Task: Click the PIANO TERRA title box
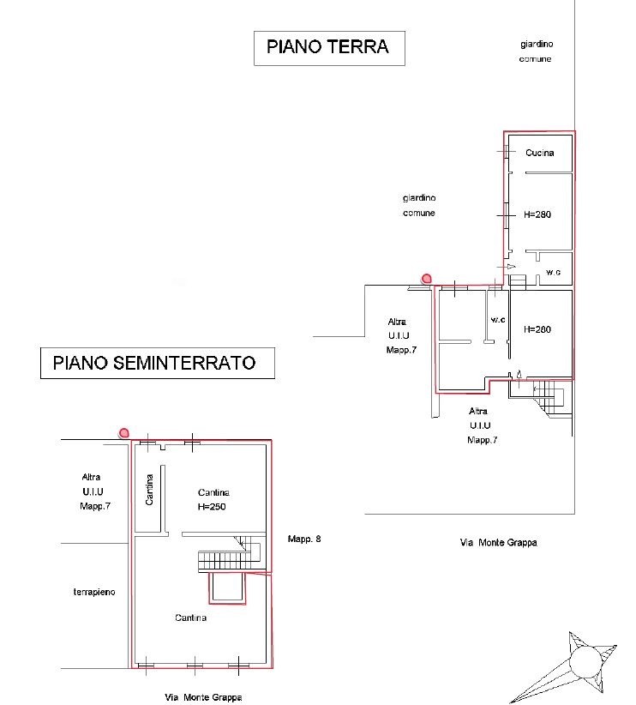329,48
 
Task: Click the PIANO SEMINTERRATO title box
158,363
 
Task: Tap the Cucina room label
539,153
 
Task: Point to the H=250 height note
212,507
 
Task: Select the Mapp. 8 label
304,539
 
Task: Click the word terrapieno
94,592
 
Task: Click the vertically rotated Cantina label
149,490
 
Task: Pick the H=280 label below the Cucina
537,214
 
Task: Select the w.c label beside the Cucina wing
554,272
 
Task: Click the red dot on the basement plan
124,433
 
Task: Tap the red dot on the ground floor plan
426,279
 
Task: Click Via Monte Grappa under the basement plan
203,697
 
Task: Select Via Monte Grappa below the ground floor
499,543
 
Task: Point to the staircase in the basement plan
229,555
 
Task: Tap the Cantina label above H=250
213,493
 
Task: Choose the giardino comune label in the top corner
537,51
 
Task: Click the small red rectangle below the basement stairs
227,588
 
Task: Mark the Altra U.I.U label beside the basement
94,491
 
